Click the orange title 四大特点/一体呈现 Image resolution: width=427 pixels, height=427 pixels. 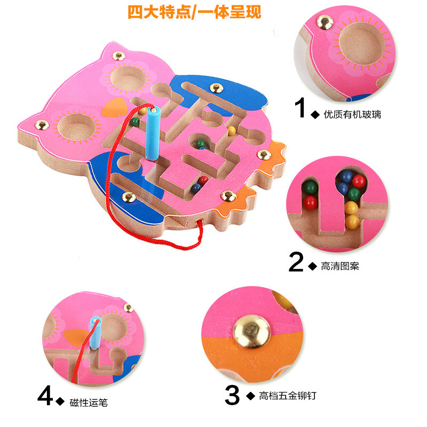coord(194,12)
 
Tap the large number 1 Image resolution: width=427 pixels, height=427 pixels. coord(300,108)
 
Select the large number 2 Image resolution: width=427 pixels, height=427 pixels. coord(296,262)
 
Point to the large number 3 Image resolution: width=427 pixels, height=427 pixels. coord(232,395)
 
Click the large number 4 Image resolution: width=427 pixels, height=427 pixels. coord(45,395)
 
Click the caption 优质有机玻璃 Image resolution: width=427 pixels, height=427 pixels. coord(352,115)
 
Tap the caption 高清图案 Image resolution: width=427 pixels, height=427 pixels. coord(340,266)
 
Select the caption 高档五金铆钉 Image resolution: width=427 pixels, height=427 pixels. coord(288,396)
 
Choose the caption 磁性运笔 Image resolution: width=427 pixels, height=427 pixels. coord(89,403)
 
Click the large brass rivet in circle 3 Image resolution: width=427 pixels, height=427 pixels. coord(252,331)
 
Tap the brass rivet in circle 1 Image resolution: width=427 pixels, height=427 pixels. coord(325,22)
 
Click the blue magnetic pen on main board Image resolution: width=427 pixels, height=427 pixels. coord(153,133)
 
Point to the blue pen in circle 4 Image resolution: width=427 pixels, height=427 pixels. coord(96,333)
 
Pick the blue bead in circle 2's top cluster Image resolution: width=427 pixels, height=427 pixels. coord(346,177)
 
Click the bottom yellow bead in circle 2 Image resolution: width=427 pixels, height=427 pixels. coord(352,222)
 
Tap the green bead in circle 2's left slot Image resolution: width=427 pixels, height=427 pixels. coord(310,188)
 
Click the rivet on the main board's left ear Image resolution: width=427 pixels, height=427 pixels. coord(42,125)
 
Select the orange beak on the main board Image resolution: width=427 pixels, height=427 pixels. coord(114,107)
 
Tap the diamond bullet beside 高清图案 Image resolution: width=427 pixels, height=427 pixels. coord(313,266)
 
